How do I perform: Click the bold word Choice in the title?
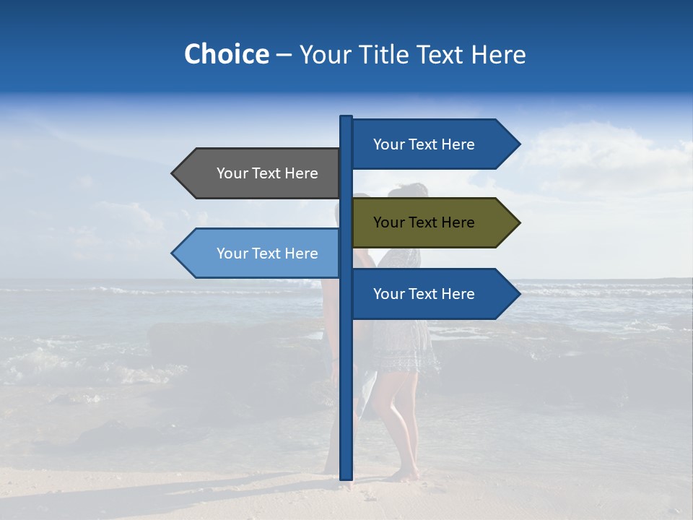coord(226,54)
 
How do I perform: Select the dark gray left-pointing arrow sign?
coord(260,173)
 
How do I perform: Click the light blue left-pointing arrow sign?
coord(260,253)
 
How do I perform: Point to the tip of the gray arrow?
coord(173,173)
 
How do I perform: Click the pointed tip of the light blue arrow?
coord(173,253)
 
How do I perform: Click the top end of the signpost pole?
coord(346,118)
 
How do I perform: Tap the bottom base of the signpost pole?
coord(346,477)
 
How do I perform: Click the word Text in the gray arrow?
coord(266,173)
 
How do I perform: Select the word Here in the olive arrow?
coord(458,222)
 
